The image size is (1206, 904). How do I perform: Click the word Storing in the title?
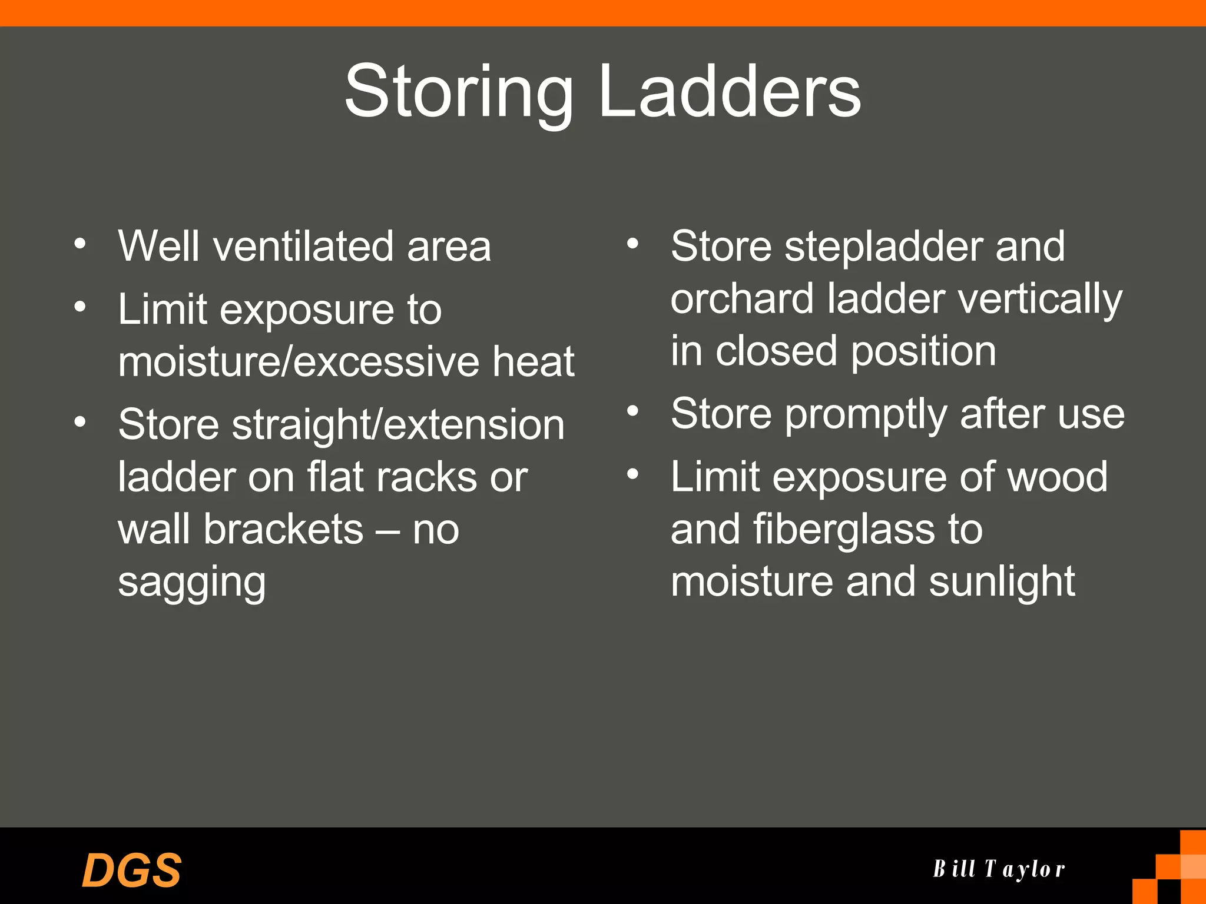pos(458,93)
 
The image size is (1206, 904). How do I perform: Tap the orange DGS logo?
pos(131,870)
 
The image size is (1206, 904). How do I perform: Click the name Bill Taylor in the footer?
pos(999,869)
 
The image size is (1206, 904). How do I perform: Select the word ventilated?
pos(303,246)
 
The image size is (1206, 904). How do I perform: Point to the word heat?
pos(533,361)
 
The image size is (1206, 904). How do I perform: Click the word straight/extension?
pos(398,425)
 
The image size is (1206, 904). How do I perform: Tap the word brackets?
pos(283,529)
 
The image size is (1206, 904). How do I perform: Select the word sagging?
pos(191,583)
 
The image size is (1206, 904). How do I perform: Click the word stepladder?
pos(883,246)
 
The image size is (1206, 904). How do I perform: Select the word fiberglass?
pos(843,529)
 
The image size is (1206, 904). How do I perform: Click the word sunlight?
pos(1002,583)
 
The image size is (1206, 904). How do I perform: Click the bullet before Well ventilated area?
pos(80,244)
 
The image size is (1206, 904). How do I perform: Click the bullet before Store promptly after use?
pos(632,411)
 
